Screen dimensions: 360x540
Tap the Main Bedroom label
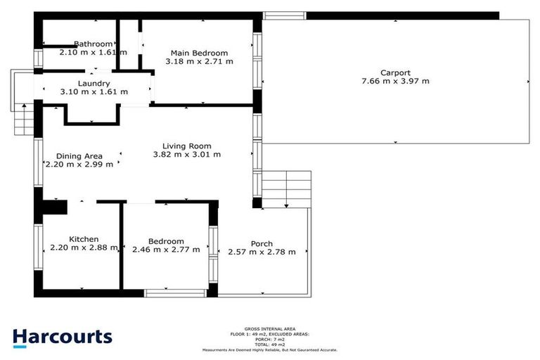coord(200,53)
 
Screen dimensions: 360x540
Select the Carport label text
coord(395,72)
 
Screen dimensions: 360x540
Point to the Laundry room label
coord(94,83)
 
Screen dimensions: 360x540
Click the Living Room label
coord(187,146)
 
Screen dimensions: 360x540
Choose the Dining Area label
coord(79,156)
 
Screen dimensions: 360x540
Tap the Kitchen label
coord(84,239)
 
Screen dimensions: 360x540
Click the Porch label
coord(262,244)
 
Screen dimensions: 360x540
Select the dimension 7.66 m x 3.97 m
coord(395,81)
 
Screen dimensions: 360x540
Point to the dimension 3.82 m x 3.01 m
coord(187,154)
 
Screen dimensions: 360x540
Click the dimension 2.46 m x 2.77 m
coord(166,249)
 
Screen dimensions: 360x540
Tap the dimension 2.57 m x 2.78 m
coord(262,252)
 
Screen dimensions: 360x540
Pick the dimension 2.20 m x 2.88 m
coord(84,247)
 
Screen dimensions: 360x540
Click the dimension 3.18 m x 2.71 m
coord(200,61)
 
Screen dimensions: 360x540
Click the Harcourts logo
coord(62,336)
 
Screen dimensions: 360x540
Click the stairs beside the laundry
coord(23,118)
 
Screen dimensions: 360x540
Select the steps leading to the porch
coord(287,188)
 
